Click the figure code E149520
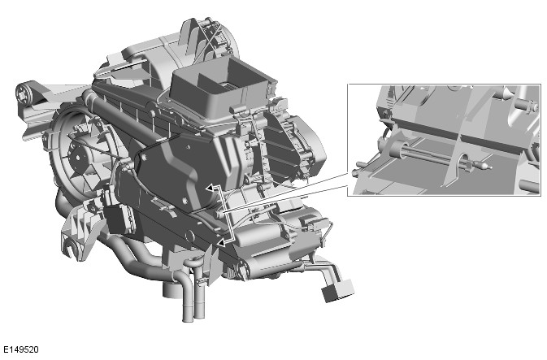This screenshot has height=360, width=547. [21, 349]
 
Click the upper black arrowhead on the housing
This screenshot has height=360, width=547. [210, 188]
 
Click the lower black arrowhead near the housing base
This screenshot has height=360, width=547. [221, 241]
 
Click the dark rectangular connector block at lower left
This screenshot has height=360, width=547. [118, 219]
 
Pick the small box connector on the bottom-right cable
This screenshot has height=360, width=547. [336, 290]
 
